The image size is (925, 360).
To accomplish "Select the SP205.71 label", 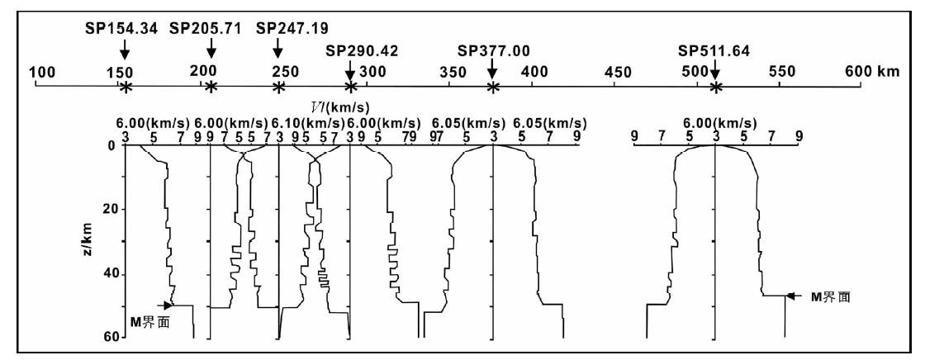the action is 206,28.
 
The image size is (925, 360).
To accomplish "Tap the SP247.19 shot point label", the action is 293,28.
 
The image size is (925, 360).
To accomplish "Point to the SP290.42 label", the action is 363,51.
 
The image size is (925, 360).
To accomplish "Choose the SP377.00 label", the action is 493,51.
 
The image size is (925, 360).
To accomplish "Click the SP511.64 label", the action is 714,51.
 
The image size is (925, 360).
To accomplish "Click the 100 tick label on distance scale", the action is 42,73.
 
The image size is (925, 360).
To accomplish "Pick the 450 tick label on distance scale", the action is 619,73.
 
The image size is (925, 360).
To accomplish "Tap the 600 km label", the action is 872,72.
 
